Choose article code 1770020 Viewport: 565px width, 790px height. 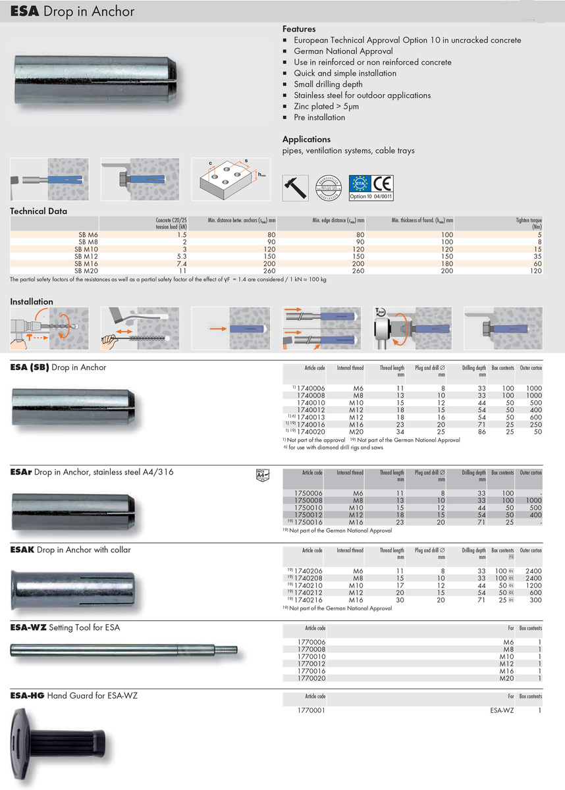tap(311, 678)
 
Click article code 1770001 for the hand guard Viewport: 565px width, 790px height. tap(311, 710)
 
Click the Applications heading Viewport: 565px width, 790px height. tap(306, 140)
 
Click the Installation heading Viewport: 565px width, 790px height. tap(32, 302)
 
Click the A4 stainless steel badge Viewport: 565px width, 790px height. tap(263, 473)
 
